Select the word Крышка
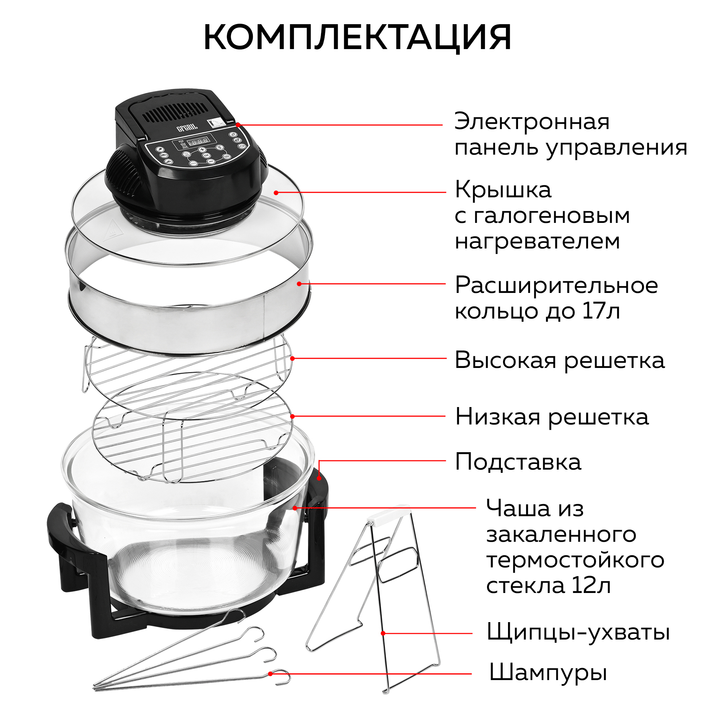pos(503,190)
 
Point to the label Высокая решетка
pos(559,360)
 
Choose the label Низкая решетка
pos(552,417)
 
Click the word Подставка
pos(518,462)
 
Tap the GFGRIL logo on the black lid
pos(187,128)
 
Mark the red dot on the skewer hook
pos(271,674)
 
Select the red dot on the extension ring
pos(299,284)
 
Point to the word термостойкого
pos(575,560)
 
